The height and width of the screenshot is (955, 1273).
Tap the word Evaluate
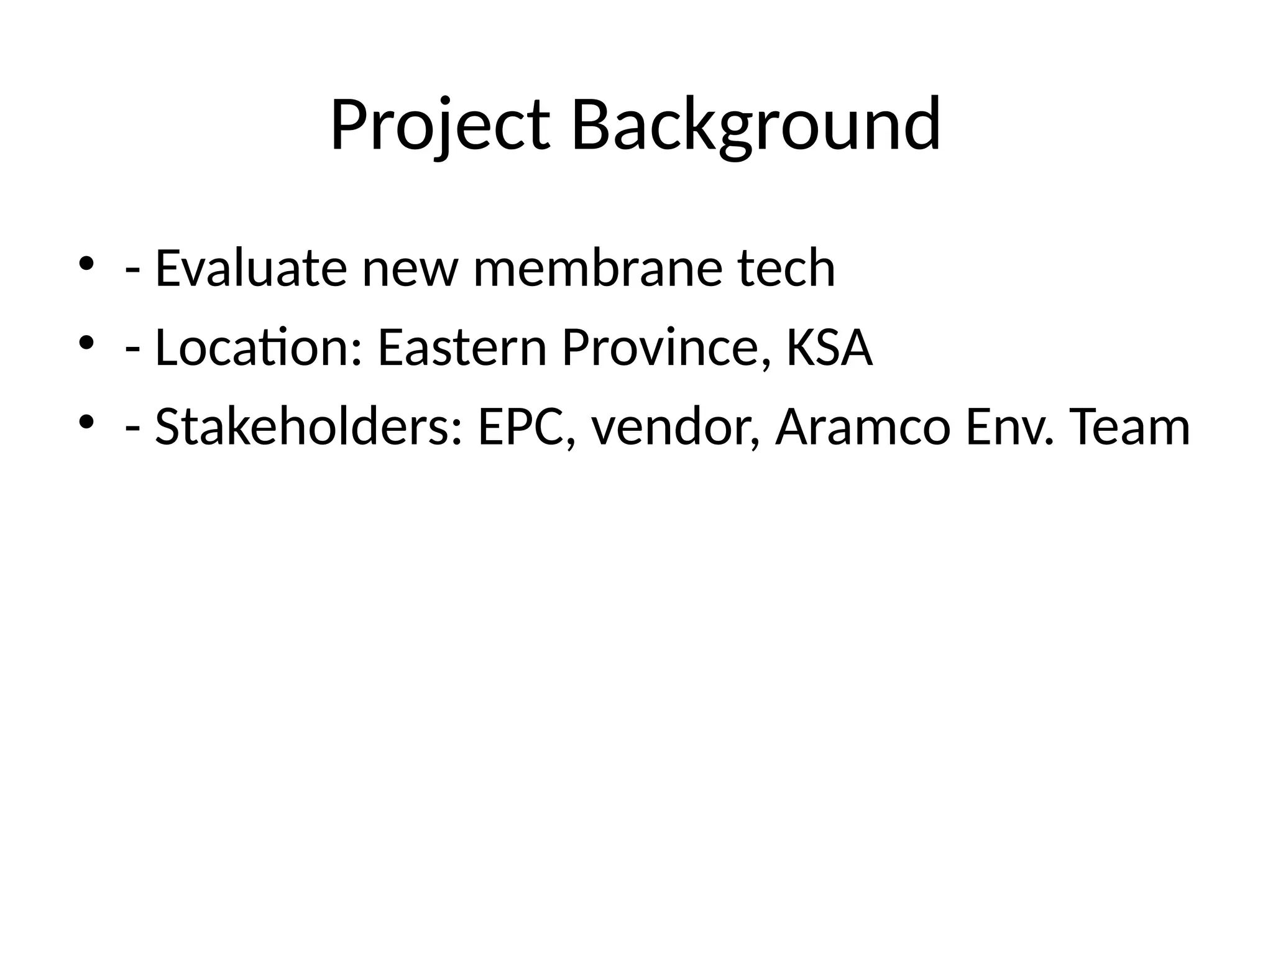click(x=250, y=268)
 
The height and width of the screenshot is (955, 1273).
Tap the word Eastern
click(x=462, y=348)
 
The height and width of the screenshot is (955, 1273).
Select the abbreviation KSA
click(x=829, y=348)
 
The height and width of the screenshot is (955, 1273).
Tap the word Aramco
click(x=863, y=427)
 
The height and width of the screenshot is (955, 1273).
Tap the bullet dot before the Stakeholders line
click(x=86, y=422)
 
